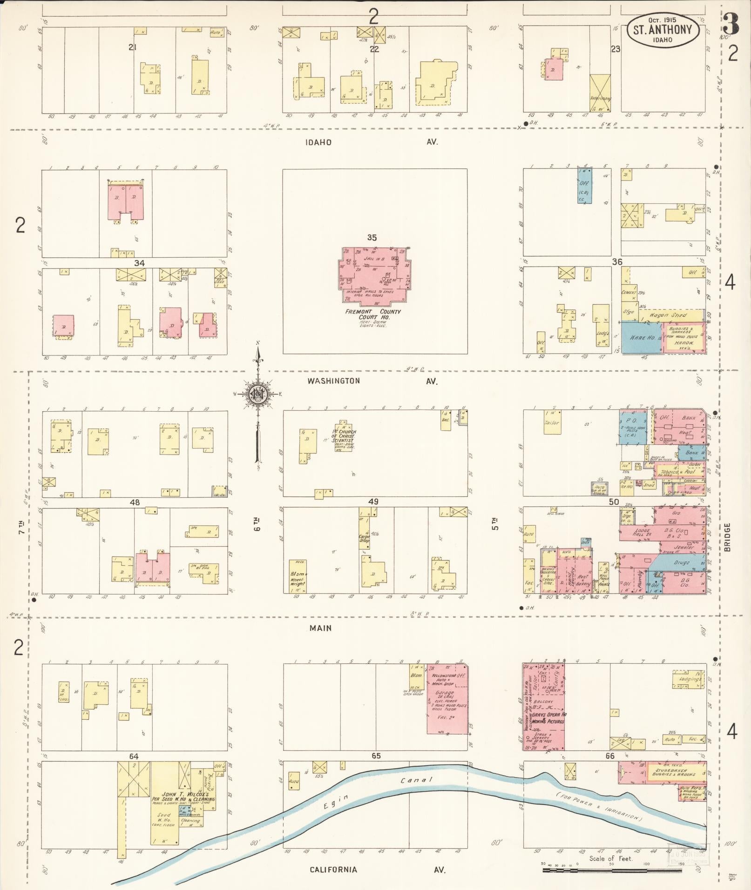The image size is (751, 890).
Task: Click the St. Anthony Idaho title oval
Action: (x=662, y=30)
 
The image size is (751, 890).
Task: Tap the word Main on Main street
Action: (x=321, y=628)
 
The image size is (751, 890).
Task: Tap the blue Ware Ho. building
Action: (x=641, y=337)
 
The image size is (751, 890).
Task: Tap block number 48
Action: (x=135, y=502)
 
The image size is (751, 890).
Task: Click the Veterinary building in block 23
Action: (x=600, y=93)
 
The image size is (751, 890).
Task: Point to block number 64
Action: (x=134, y=756)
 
